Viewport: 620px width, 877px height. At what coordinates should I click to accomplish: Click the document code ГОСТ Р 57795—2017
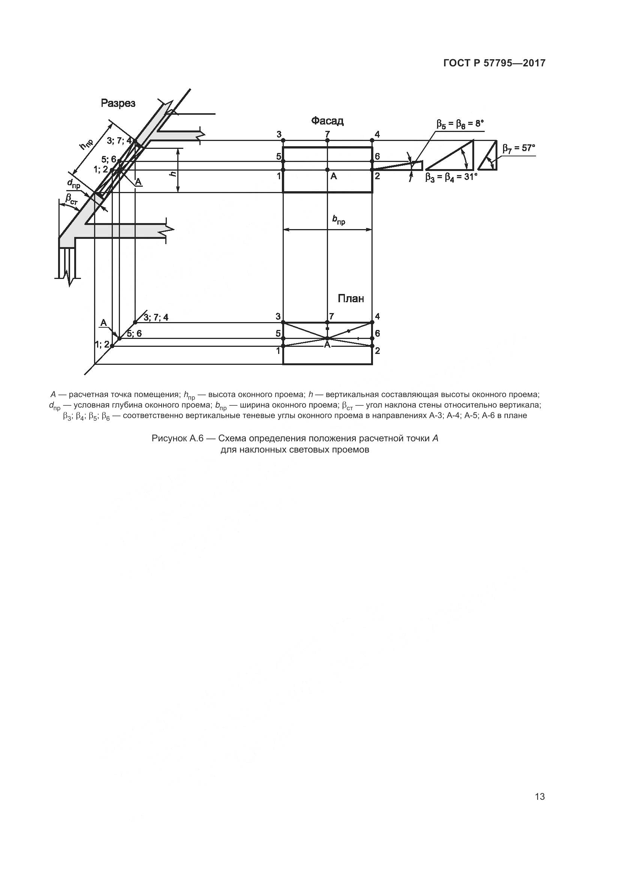494,63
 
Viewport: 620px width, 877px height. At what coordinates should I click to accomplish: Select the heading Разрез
118,103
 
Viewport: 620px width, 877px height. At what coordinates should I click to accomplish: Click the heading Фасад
327,121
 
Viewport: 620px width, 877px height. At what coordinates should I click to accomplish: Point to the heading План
351,298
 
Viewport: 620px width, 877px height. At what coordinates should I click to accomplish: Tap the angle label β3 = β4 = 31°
451,177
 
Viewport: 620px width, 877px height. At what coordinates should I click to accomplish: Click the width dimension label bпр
338,220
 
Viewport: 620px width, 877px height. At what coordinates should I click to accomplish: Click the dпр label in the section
74,184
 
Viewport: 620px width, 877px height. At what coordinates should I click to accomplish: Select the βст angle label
71,198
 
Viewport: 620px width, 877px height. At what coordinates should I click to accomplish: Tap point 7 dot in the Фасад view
327,141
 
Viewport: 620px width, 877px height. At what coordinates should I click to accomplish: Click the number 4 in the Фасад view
377,134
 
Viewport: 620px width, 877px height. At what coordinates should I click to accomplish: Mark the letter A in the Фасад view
334,176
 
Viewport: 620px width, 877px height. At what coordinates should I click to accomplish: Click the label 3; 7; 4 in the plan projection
156,318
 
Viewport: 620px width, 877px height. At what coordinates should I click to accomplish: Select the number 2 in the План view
377,350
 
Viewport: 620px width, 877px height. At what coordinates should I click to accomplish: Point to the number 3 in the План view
278,316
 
